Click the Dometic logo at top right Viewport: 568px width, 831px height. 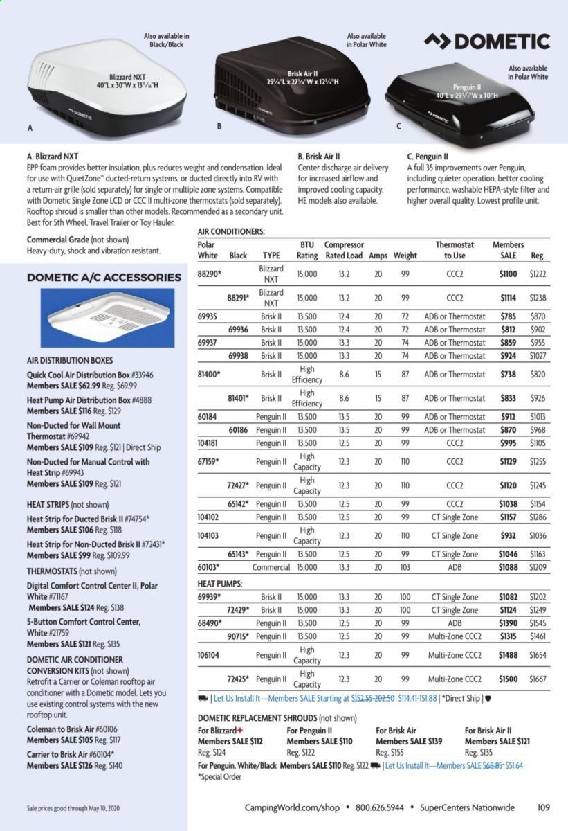tap(487, 42)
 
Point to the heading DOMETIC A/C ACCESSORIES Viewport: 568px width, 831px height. tap(104, 278)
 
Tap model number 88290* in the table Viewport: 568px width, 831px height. tap(210, 274)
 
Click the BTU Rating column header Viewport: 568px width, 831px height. tap(307, 250)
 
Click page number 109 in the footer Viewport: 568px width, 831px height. tap(543, 806)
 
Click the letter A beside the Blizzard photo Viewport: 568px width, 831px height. tap(29, 128)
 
